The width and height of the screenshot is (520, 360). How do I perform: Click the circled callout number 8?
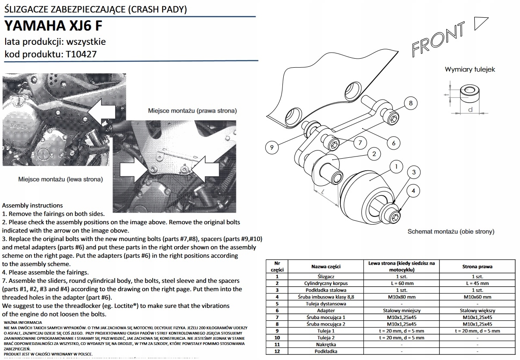click(x=411, y=103)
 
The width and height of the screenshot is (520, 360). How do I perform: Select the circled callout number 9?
click(x=271, y=147)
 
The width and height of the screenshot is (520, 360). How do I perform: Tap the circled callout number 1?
click(x=396, y=166)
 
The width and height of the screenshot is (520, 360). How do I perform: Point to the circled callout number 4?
click(x=413, y=190)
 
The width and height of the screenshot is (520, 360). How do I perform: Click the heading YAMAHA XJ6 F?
click(x=53, y=26)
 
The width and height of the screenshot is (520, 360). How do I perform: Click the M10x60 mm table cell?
click(x=477, y=297)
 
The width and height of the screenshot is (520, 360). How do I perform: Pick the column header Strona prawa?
click(x=477, y=266)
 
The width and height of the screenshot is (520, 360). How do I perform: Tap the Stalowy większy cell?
click(x=477, y=310)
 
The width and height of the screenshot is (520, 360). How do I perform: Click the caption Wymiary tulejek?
click(x=470, y=69)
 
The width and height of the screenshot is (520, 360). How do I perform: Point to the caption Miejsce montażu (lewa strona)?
click(x=60, y=179)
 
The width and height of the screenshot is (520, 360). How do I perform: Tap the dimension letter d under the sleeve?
click(x=470, y=110)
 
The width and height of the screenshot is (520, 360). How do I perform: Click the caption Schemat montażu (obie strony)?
click(x=451, y=232)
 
